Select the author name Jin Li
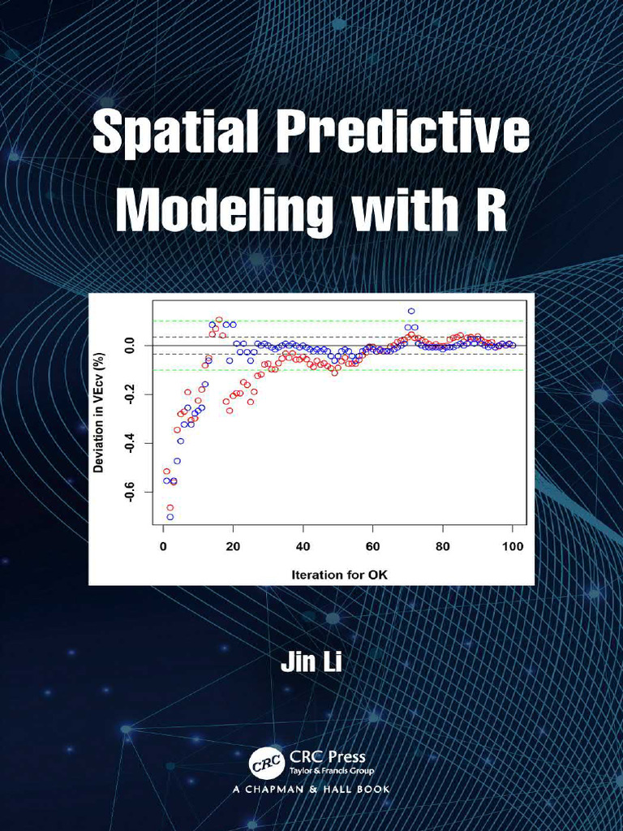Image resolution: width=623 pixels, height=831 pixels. click(x=311, y=661)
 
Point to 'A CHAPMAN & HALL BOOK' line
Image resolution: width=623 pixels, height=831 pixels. click(x=311, y=789)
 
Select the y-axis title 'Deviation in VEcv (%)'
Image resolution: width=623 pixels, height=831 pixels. click(x=99, y=412)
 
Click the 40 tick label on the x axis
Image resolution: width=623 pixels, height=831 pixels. click(x=303, y=546)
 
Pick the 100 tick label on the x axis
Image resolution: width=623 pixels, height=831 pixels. click(x=513, y=546)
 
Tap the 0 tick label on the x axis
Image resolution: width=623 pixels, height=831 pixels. click(x=163, y=546)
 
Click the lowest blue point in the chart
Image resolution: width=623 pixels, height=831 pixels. click(x=170, y=517)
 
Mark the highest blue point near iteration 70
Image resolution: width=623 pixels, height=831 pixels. click(x=411, y=311)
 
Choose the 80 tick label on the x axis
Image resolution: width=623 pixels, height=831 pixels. click(x=443, y=546)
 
